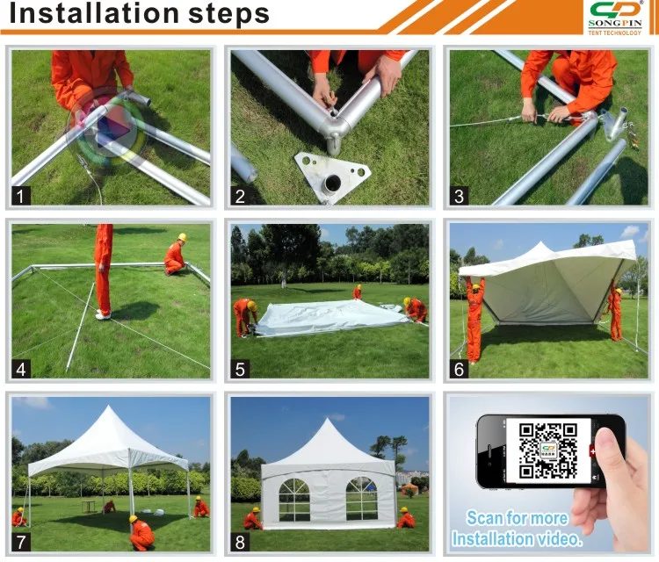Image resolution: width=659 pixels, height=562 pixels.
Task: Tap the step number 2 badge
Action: (240, 198)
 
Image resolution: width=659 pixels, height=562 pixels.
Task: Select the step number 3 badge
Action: (458, 198)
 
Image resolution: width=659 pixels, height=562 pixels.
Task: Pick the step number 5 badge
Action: (240, 369)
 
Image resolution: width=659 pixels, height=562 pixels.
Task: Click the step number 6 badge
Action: (458, 369)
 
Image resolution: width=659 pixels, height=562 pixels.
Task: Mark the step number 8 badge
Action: (240, 542)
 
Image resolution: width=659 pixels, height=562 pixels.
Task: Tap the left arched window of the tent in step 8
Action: (293, 498)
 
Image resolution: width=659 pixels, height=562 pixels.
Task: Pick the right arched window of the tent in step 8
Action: (361, 498)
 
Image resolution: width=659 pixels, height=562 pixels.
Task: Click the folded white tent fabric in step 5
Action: (325, 317)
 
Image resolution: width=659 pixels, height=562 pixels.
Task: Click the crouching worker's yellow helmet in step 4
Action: (182, 237)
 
